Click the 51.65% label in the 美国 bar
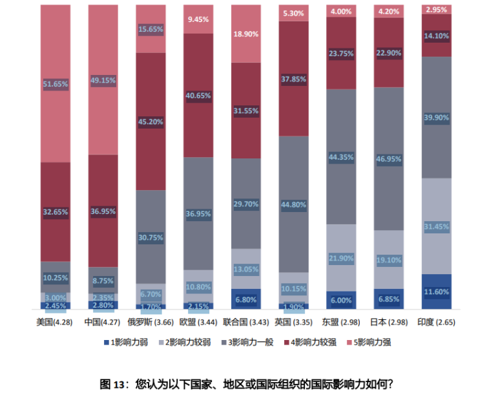pyautogui.click(x=56, y=84)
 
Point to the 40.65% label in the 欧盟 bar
pyautogui.click(x=198, y=96)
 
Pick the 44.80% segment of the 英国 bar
pyautogui.click(x=294, y=205)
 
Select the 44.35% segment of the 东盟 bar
pyautogui.click(x=341, y=157)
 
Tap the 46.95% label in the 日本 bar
pyautogui.click(x=389, y=158)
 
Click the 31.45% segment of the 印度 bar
pyautogui.click(x=437, y=226)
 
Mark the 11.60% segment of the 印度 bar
pyautogui.click(x=437, y=292)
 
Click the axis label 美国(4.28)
pyautogui.click(x=55, y=322)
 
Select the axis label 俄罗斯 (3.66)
pyautogui.click(x=150, y=322)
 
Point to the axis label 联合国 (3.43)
pyautogui.click(x=246, y=322)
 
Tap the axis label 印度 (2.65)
pyautogui.click(x=437, y=322)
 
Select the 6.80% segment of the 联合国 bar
pyautogui.click(x=246, y=299)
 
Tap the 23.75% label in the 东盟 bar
pyautogui.click(x=341, y=54)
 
